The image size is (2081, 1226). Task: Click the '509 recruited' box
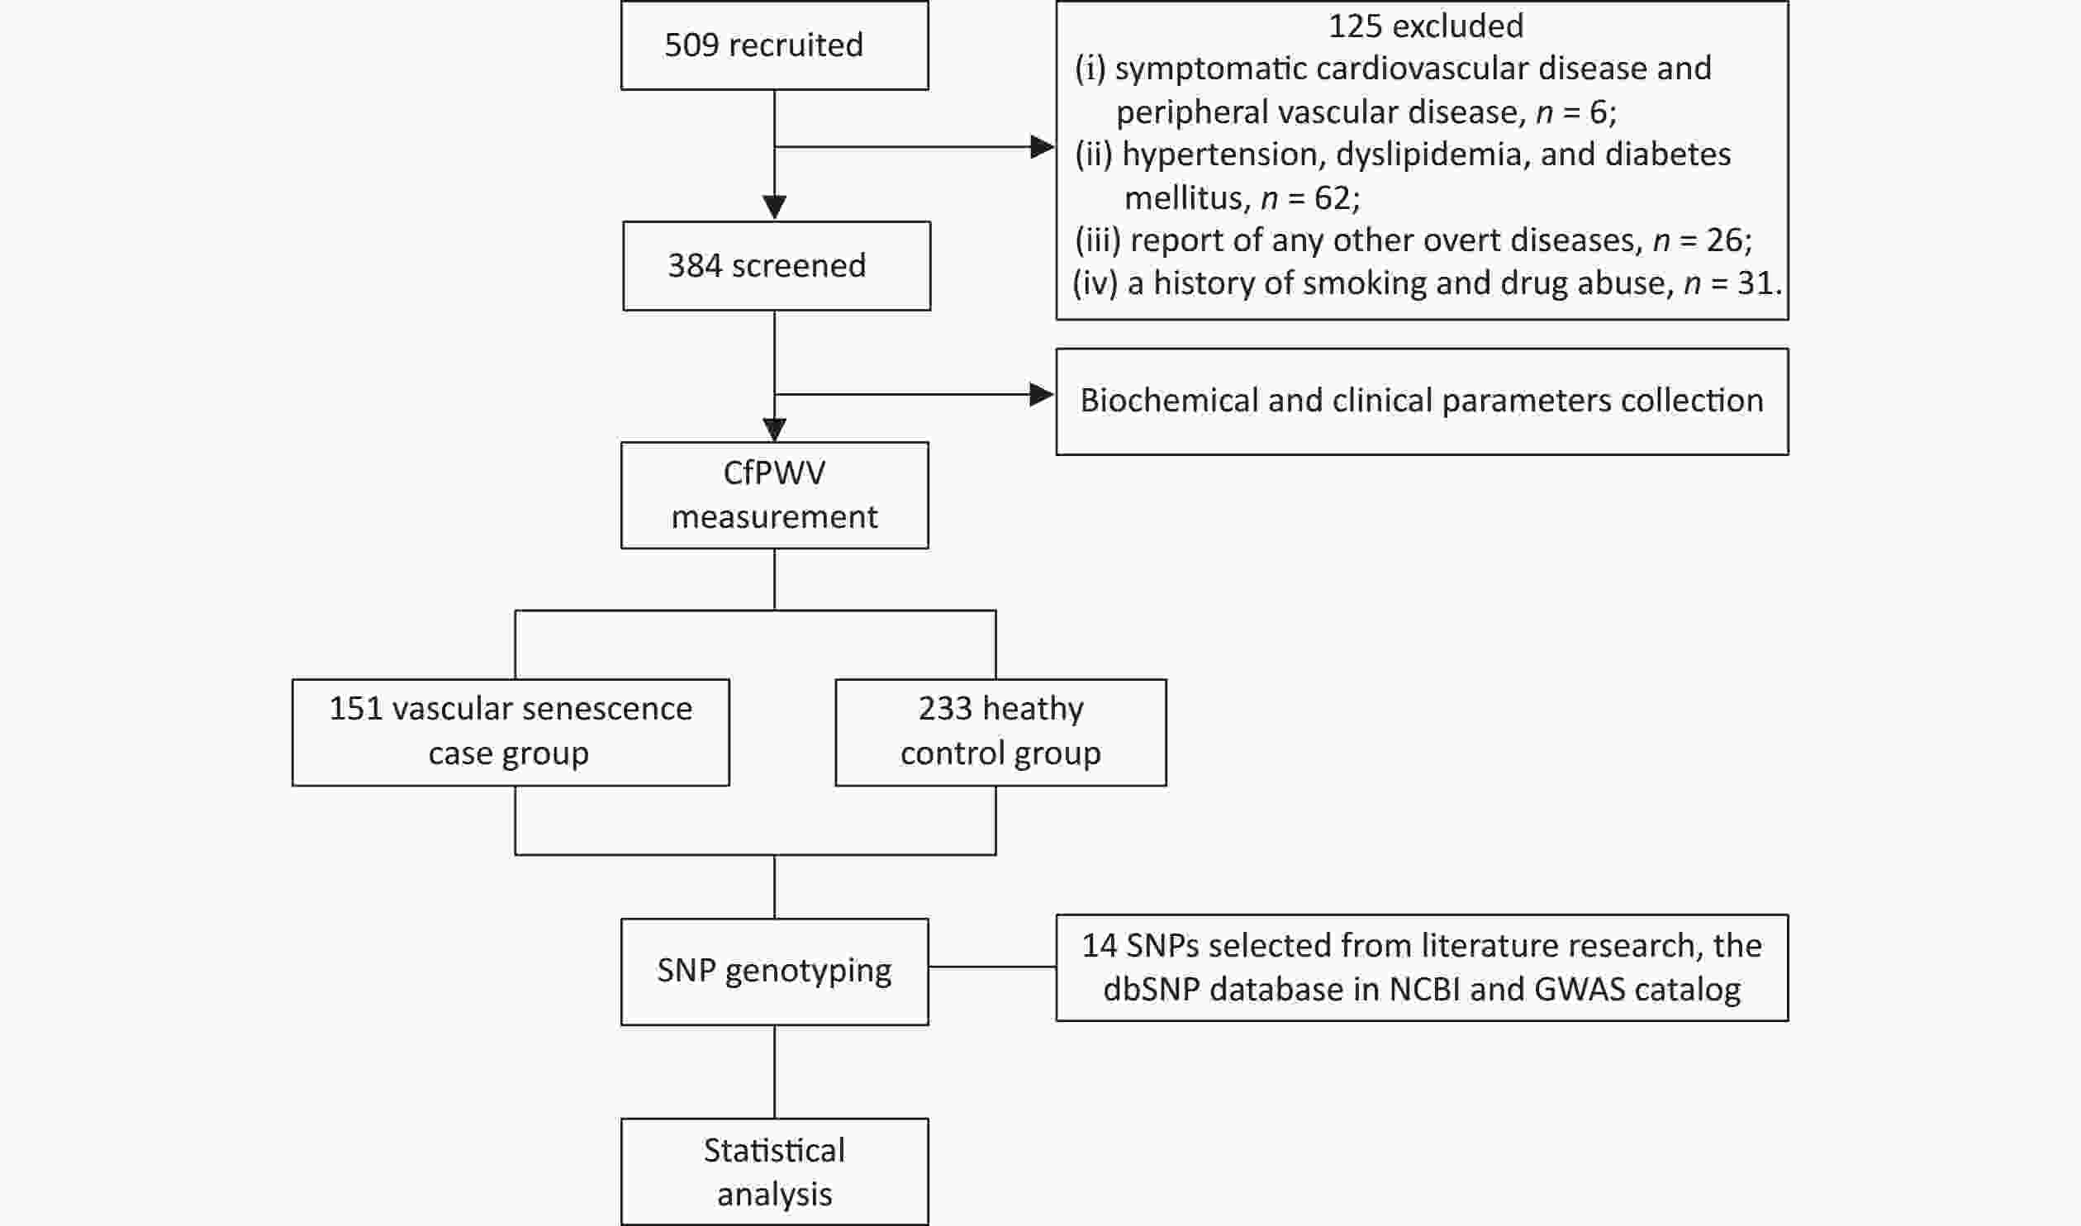click(774, 45)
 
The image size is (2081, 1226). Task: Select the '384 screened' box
click(777, 265)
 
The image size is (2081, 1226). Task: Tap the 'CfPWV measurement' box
click(774, 495)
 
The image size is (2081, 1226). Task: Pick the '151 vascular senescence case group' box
click(511, 732)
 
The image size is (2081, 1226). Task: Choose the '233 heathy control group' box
click(1000, 732)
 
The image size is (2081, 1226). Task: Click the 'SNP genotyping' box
click(774, 972)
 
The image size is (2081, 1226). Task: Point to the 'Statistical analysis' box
click(774, 1171)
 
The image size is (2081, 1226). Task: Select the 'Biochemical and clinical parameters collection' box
click(1422, 402)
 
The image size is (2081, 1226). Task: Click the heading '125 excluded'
click(1426, 26)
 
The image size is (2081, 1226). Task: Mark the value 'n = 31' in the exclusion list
click(1729, 283)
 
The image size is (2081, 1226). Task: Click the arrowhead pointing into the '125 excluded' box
click(1043, 147)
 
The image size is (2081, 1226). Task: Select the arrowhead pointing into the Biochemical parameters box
click(1043, 395)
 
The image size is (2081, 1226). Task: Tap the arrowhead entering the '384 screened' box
click(774, 208)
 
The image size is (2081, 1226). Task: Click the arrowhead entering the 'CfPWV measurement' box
click(774, 430)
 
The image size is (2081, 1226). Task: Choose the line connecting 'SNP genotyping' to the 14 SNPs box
click(992, 967)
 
